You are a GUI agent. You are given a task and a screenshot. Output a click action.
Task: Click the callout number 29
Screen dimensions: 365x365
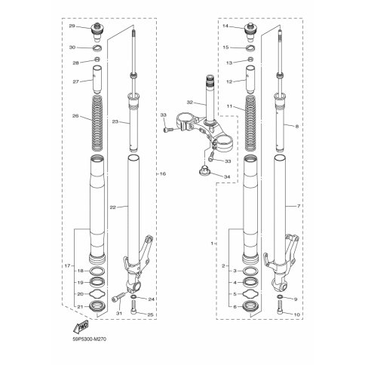coord(72,26)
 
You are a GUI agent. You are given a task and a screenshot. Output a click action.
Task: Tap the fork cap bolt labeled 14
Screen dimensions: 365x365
coord(250,32)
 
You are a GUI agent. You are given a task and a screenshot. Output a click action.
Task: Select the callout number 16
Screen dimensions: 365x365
coord(163,173)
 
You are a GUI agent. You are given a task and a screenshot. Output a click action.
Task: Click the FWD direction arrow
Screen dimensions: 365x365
coord(81,327)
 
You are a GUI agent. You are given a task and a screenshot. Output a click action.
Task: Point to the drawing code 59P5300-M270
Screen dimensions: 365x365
coord(90,339)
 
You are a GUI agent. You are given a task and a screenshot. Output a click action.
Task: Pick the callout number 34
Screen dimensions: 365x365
coord(227,176)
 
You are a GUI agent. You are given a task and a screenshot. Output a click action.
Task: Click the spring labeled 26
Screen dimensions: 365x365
coord(97,124)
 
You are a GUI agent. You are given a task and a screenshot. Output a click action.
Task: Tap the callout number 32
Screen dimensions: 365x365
coord(190,103)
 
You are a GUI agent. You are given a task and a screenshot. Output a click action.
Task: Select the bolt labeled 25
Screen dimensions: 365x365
coord(133,308)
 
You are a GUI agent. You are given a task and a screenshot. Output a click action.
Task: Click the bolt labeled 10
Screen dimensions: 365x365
coord(280,308)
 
